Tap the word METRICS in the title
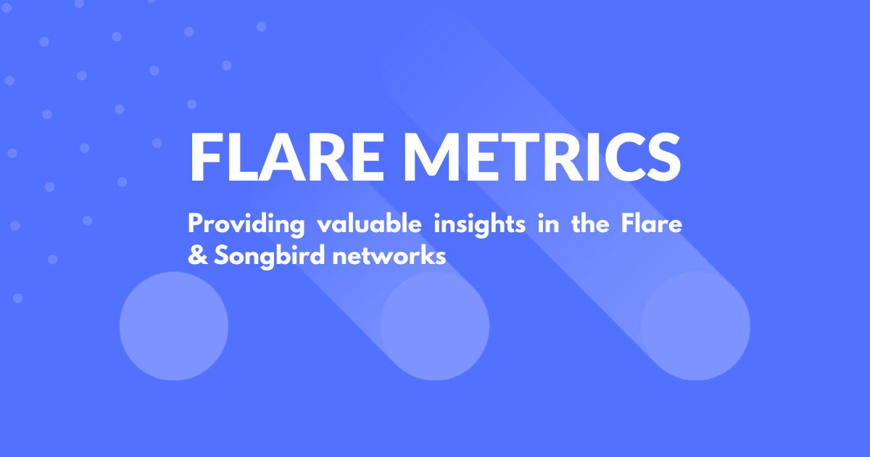pyautogui.click(x=542, y=157)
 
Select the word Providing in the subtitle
pyautogui.click(x=246, y=225)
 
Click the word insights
pyautogui.click(x=480, y=225)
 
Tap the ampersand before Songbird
pyautogui.click(x=198, y=255)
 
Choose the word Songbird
pyautogui.click(x=269, y=257)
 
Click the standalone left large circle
pyautogui.click(x=173, y=326)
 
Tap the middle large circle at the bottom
pyautogui.click(x=434, y=326)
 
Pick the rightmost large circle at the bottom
pyautogui.click(x=695, y=326)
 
